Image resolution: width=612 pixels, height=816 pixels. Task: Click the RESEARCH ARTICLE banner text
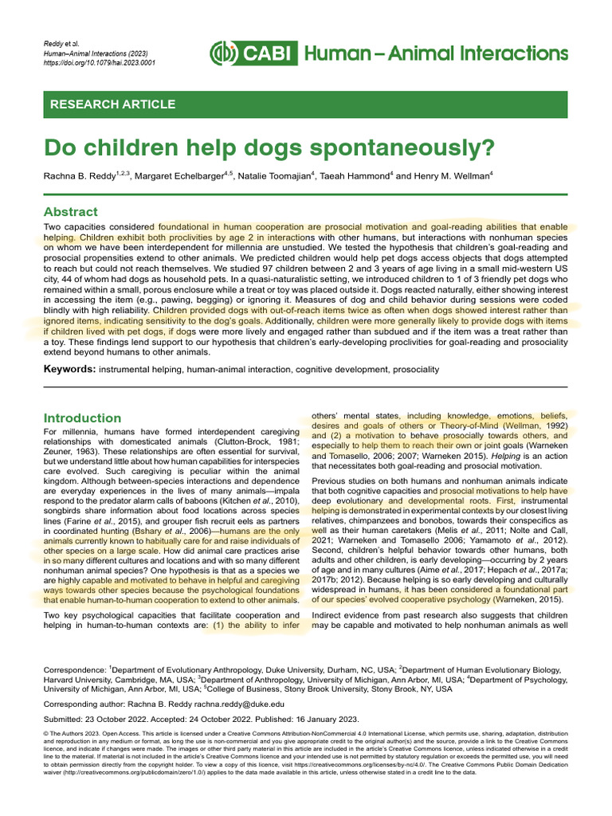point(112,104)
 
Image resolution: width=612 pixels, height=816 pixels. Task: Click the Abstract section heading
point(71,212)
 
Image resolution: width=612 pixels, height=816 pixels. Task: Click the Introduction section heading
point(82,418)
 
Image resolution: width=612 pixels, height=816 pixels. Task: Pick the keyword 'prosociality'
point(410,370)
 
